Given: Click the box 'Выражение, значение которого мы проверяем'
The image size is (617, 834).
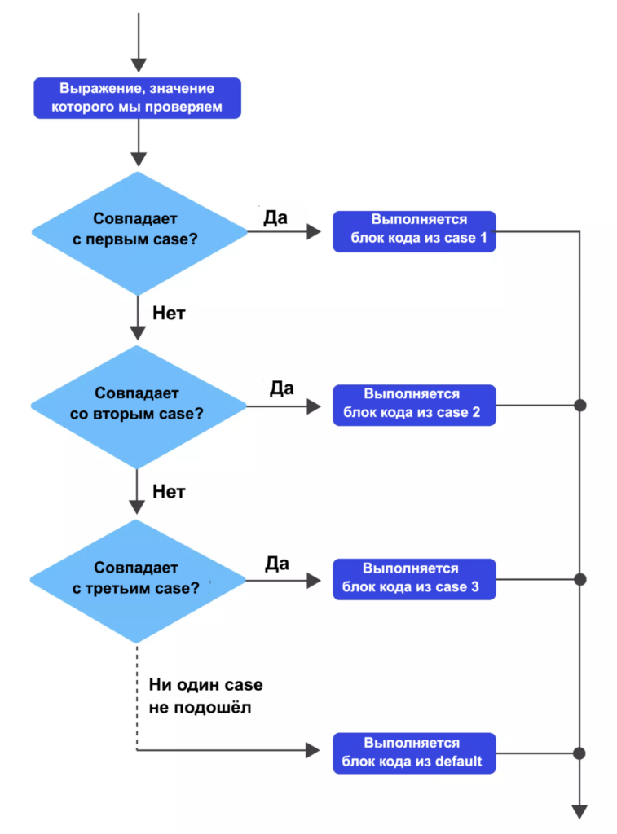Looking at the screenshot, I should point(137,99).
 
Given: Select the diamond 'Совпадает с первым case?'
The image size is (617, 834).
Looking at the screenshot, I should point(138,231).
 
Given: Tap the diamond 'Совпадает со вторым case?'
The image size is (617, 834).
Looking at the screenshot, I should point(138,405).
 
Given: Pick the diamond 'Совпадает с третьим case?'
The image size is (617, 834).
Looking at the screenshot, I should point(138,580).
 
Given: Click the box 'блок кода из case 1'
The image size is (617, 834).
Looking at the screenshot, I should point(414,230).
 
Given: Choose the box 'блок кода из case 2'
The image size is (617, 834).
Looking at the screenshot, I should point(414,405).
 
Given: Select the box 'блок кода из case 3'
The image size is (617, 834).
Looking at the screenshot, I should point(414,579).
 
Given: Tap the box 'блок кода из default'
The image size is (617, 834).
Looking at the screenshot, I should point(414,753).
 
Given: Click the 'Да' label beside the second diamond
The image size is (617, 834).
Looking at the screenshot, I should point(281,388).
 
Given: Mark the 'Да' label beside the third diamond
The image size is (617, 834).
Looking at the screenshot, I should point(276,563).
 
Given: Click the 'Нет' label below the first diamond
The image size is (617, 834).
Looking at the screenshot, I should point(169,313).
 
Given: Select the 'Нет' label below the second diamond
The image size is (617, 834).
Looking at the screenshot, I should point(169,491).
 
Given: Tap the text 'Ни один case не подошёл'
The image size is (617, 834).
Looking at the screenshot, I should point(205,696).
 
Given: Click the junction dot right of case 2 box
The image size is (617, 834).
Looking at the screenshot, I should point(580,405).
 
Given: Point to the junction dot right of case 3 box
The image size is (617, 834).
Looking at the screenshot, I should point(580,579).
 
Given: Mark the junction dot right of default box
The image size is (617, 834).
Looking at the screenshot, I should point(580,753).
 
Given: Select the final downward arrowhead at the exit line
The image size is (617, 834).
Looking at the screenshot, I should point(580,811).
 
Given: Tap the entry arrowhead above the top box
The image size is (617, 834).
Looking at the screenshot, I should point(138,64).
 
